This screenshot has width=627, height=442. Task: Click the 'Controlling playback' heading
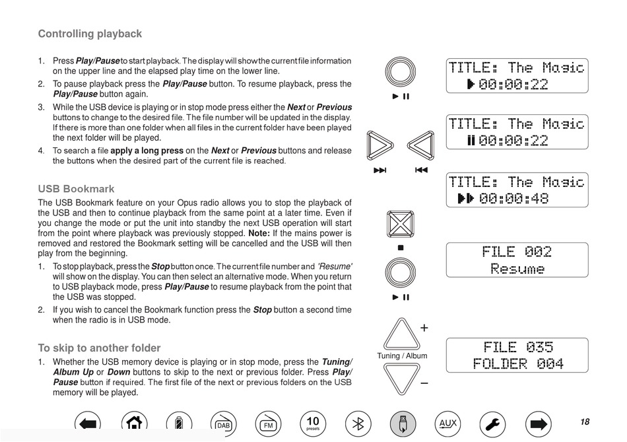pos(90,34)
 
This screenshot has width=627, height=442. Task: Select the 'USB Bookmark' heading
pos(76,189)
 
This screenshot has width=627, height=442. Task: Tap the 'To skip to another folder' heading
pos(99,348)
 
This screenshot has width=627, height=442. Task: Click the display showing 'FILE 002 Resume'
pos(517,260)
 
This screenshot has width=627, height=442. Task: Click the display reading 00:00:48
pos(517,190)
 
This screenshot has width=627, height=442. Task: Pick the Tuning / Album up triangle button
pos(401,336)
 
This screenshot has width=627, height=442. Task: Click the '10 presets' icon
pos(313,423)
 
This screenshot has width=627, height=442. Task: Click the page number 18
pos(585,422)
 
